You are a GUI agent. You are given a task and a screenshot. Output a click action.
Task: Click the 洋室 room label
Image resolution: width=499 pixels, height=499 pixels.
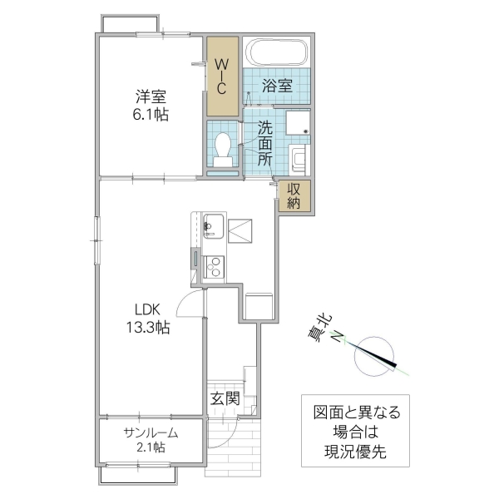[151, 96]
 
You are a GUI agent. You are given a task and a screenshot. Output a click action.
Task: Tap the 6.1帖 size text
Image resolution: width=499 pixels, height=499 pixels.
[151, 115]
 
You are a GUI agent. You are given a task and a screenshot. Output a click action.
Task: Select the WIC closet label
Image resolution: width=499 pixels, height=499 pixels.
[222, 77]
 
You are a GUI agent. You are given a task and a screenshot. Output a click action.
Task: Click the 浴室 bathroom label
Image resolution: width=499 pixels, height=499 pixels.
[276, 85]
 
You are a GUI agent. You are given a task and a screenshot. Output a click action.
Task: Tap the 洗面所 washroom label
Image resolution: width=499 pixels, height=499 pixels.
[264, 143]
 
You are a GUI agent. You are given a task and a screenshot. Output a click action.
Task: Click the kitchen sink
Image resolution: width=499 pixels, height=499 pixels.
[212, 225]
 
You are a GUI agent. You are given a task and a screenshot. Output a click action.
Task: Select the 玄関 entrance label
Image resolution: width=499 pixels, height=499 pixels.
[225, 399]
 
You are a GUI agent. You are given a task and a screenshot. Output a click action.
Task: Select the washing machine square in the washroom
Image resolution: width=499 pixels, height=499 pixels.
[299, 123]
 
